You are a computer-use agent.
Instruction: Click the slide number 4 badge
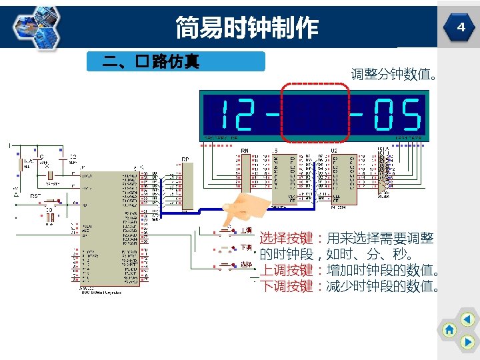[x=460, y=27]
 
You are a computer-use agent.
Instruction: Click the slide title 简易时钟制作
[x=247, y=28]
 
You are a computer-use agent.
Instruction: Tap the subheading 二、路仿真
[x=151, y=62]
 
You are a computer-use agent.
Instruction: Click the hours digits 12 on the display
[x=237, y=115]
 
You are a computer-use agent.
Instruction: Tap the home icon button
[x=450, y=329]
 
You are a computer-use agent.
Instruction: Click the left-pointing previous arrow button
[x=468, y=319]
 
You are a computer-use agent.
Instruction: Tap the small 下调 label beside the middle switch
[x=246, y=247]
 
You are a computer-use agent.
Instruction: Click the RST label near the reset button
[x=35, y=197]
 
